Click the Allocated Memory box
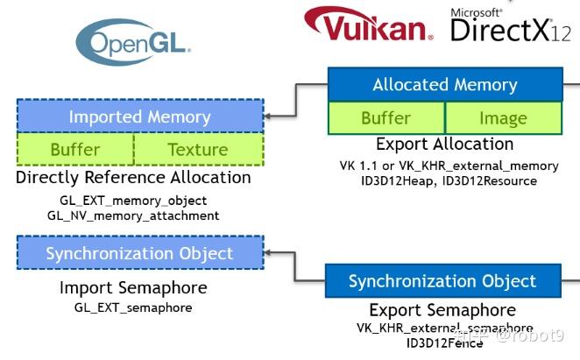coord(445,85)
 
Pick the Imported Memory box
coord(140,116)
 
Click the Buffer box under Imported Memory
coord(75,149)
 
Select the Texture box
coord(198,149)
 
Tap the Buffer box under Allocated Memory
coord(386,118)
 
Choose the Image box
coord(504,118)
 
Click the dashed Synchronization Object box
coord(140,253)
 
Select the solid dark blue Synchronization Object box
coord(442,281)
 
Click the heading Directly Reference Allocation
coord(133,178)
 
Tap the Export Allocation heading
coord(445,145)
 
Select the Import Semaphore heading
coord(133,288)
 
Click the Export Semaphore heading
coord(442,310)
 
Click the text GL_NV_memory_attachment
coord(133,215)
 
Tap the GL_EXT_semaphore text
coord(133,307)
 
